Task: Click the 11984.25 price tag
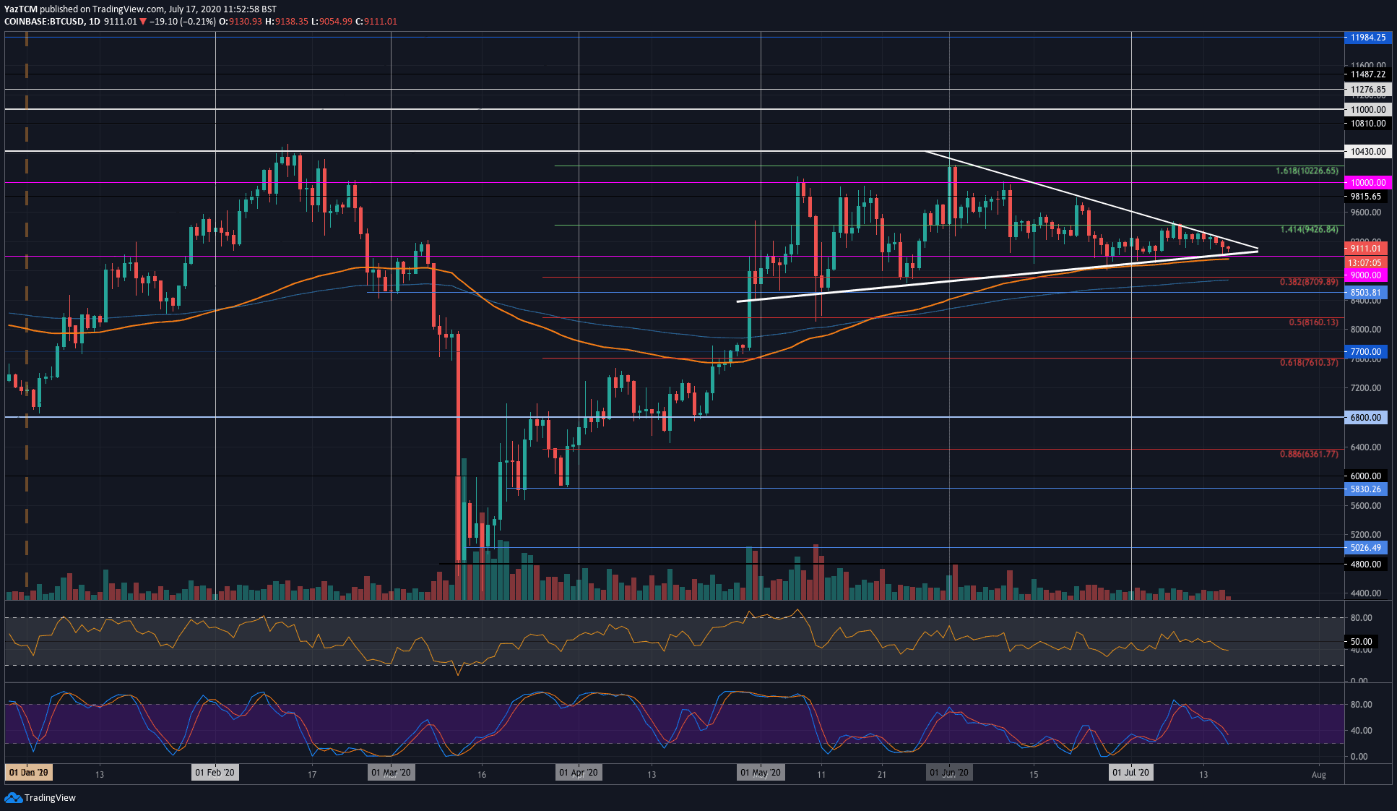point(1367,38)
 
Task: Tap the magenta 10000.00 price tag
point(1367,183)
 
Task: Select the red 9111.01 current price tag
point(1364,249)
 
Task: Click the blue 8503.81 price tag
point(1365,293)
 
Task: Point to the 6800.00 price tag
point(1365,418)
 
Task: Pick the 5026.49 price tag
point(1365,548)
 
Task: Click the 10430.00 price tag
point(1367,152)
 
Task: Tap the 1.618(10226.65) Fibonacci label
point(1306,171)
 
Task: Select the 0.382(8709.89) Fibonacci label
point(1308,282)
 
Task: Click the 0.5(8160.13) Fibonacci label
point(1312,322)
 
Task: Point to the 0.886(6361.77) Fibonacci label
point(1308,454)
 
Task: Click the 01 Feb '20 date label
point(215,773)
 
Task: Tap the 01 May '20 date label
point(761,773)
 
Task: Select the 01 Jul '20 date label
point(1130,773)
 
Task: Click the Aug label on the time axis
point(1318,775)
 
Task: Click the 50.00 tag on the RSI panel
point(1361,642)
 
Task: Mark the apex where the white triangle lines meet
point(1258,250)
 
